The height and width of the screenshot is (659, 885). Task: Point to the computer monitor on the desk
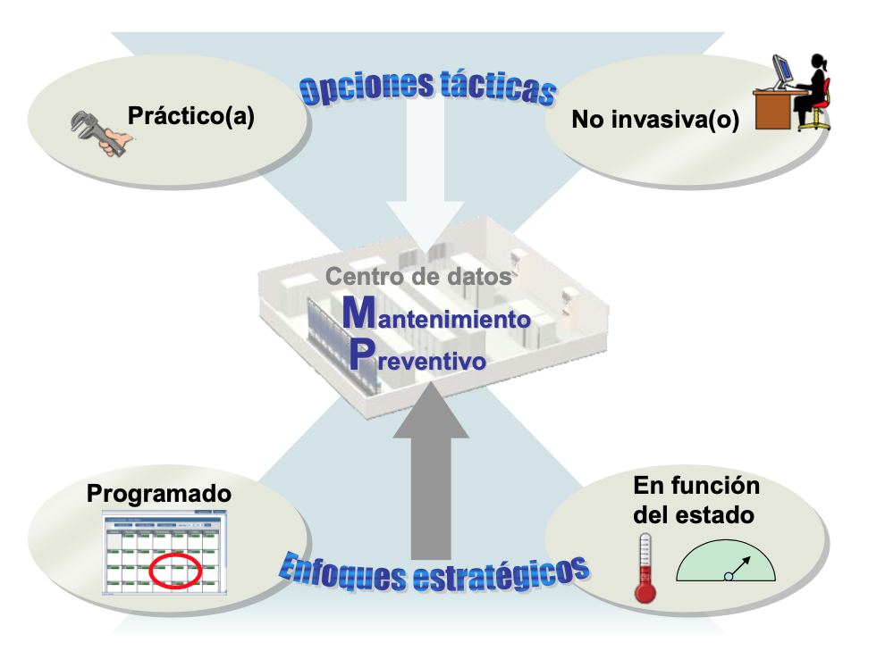[783, 71]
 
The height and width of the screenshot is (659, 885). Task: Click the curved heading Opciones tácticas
[427, 87]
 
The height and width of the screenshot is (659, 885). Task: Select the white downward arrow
[434, 179]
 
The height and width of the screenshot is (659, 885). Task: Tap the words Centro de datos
[418, 277]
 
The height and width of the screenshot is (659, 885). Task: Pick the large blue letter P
[359, 356]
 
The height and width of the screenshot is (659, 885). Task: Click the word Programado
[159, 494]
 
